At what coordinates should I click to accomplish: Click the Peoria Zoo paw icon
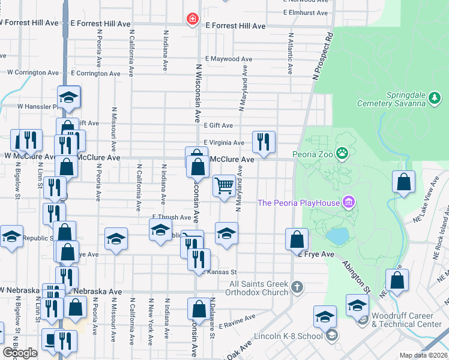[342, 153]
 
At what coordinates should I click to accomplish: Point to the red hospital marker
[192, 20]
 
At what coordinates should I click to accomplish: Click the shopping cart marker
[224, 185]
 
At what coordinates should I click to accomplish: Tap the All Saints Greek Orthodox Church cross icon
[296, 287]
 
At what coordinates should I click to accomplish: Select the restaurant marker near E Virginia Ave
[264, 142]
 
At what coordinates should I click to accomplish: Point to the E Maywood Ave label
[227, 59]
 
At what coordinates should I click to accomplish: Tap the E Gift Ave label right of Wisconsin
[218, 125]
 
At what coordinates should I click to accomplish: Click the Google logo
[20, 352]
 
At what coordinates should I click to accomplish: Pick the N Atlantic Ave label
[291, 55]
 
